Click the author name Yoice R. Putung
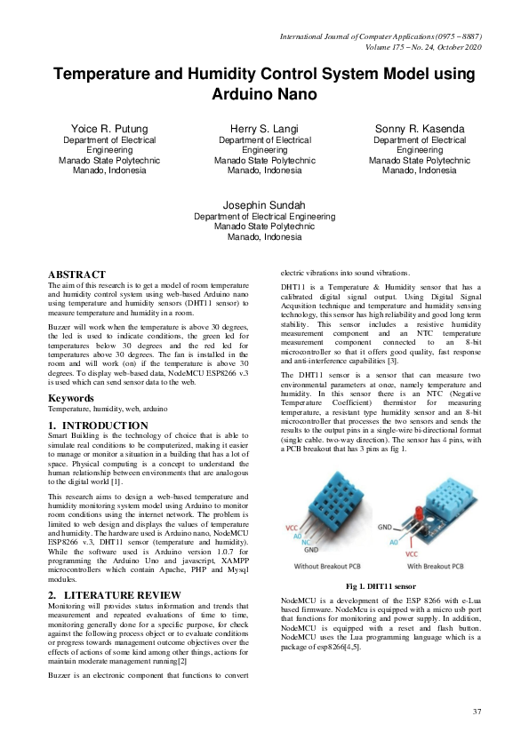[110, 129]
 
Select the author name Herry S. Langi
[264, 129]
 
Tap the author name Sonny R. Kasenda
[420, 129]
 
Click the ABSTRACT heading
[76, 275]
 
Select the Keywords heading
[70, 398]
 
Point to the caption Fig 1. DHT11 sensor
[380, 586]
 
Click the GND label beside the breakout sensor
[384, 525]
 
